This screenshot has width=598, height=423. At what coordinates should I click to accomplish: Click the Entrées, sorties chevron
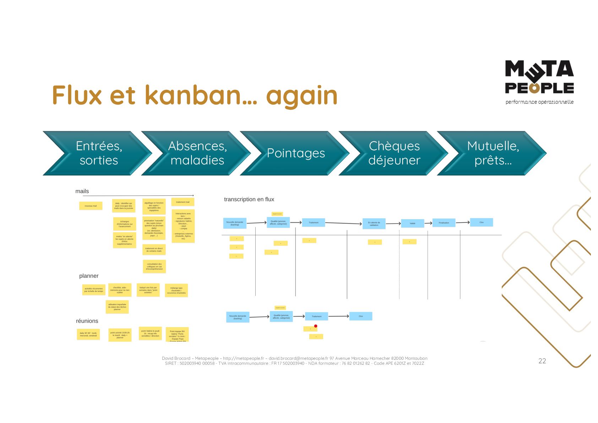98,153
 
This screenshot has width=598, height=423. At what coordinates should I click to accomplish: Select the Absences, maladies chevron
197,153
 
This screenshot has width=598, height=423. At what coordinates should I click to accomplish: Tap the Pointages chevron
295,153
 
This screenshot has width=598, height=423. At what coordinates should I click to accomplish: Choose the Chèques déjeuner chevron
394,153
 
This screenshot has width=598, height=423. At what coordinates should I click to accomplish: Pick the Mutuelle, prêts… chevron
493,153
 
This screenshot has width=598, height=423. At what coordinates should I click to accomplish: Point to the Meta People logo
539,77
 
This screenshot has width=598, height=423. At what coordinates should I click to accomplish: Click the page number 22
542,361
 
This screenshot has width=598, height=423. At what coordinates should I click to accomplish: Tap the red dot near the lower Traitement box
316,326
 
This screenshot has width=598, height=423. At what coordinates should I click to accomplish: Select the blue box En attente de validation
374,224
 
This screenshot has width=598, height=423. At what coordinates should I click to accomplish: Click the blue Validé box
412,223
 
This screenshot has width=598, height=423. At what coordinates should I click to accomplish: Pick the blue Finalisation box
444,223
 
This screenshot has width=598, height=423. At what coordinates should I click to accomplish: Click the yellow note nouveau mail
91,206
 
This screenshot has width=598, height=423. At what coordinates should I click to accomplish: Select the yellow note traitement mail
183,202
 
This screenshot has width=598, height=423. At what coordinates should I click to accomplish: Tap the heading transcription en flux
249,199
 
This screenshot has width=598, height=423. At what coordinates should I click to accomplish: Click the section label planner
89,276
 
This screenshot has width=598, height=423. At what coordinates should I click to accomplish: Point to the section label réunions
87,321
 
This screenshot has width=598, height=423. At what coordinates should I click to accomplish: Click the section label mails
82,191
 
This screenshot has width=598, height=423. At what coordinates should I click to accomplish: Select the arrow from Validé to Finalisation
428,223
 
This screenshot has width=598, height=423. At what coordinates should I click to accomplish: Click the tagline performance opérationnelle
539,102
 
